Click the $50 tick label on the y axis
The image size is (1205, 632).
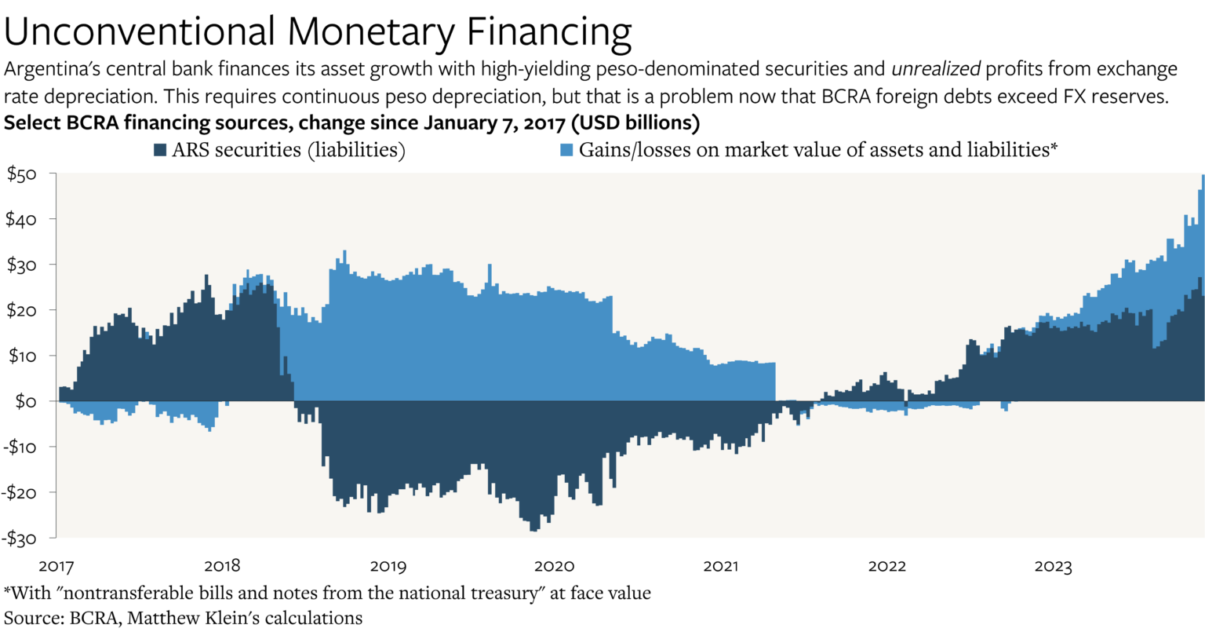(x=22, y=174)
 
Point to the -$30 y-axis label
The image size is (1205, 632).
(x=20, y=539)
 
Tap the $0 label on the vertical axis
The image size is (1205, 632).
(x=26, y=402)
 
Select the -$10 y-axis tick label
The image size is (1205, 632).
(x=20, y=447)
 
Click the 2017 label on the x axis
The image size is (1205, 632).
(x=56, y=566)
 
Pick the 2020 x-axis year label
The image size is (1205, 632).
(x=554, y=566)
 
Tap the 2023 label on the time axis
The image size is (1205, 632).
(x=1054, y=566)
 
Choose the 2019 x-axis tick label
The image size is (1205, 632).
(x=388, y=566)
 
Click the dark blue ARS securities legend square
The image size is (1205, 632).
(x=160, y=150)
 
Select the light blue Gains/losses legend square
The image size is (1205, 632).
(x=566, y=150)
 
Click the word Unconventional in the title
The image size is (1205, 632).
(x=140, y=31)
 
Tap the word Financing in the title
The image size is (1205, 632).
(x=548, y=32)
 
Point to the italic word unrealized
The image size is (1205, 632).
(x=936, y=69)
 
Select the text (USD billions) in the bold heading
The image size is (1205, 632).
(x=635, y=122)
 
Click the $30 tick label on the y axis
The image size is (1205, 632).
(x=21, y=265)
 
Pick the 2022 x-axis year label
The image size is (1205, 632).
(x=887, y=566)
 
